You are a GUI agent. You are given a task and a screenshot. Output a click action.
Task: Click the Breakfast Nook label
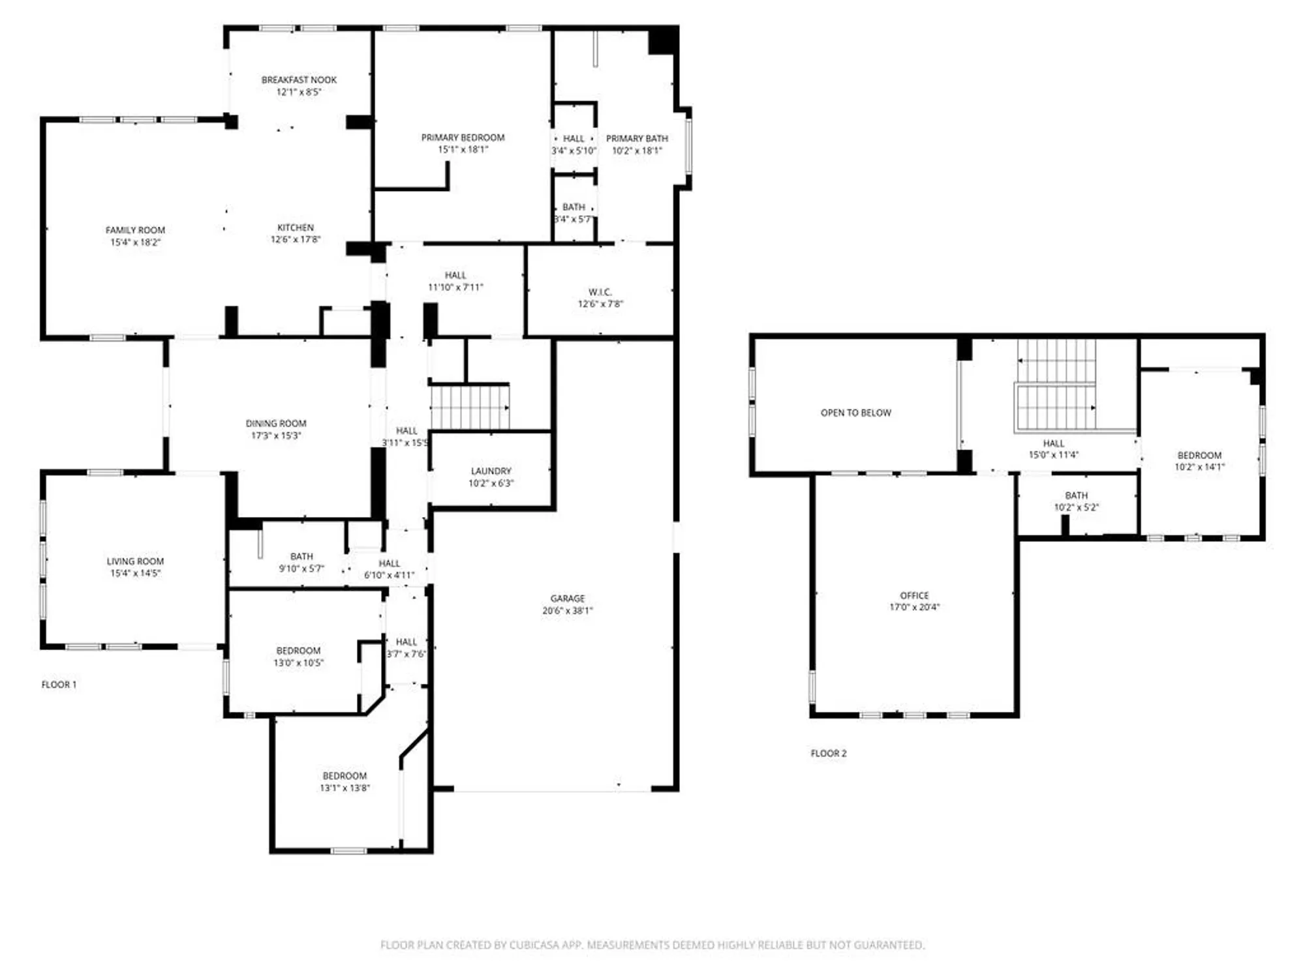pos(299,80)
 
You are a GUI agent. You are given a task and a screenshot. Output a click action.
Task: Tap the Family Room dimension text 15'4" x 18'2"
pos(135,243)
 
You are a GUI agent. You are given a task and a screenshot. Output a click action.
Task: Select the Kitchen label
pos(296,228)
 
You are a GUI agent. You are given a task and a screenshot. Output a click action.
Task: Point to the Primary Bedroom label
pos(463,138)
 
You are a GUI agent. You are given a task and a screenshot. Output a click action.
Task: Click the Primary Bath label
pos(637,139)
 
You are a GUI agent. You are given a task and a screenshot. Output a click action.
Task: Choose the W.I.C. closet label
pos(600,292)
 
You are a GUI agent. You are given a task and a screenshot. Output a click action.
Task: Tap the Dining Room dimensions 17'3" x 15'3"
pos(276,436)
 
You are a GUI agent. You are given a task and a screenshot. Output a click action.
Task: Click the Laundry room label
pos(491,471)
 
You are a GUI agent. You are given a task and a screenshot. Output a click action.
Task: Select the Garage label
pos(567,599)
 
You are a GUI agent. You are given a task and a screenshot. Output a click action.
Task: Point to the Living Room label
pos(135,561)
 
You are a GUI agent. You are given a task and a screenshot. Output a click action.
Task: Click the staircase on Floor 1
pos(469,407)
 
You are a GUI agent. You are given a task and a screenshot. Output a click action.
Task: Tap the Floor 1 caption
pos(59,685)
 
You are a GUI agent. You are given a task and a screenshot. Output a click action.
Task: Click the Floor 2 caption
pos(828,753)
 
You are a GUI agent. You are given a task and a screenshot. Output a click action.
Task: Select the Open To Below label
pos(855,413)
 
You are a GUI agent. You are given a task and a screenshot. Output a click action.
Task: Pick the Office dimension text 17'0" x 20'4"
pos(914,607)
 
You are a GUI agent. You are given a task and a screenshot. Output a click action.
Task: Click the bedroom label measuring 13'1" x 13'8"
pos(345,776)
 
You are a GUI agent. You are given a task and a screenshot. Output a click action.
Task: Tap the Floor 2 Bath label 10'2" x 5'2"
pos(1076,496)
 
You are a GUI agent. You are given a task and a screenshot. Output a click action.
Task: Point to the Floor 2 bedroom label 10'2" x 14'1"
pos(1199,456)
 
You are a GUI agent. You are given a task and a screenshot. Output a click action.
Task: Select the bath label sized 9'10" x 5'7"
pos(301,557)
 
